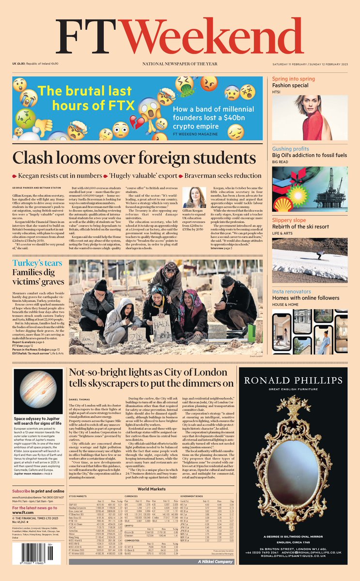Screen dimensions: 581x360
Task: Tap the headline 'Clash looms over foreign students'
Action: pos(134,158)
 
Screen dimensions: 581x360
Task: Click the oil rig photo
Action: pos(310,186)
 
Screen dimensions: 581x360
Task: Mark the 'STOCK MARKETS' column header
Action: pos(83,497)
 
